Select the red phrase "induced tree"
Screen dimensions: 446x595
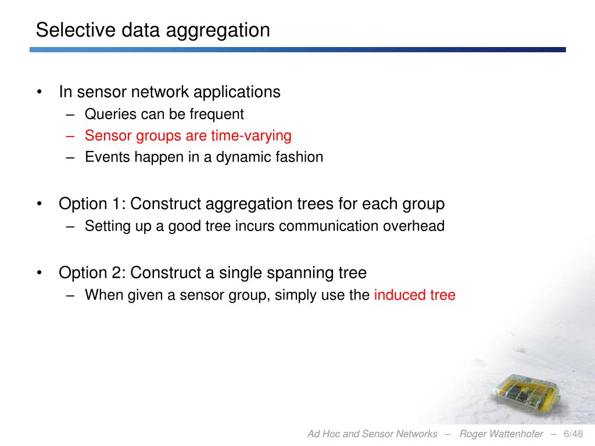(414, 295)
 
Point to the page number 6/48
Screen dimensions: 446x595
(574, 434)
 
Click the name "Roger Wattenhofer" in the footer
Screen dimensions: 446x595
(501, 434)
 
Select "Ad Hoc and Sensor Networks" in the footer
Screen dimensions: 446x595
(372, 434)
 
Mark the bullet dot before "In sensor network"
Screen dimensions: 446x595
(40, 92)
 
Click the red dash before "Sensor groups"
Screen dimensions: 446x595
(71, 136)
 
